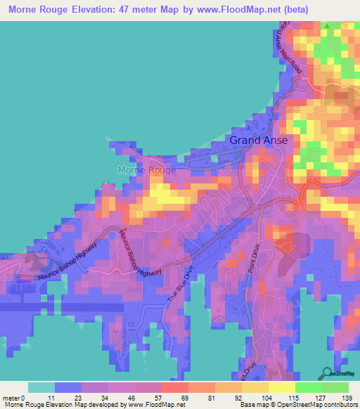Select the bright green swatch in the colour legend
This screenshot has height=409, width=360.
click(x=309, y=387)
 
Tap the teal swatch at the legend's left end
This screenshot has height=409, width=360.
click(x=41, y=387)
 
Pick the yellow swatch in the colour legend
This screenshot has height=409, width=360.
click(x=282, y=387)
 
